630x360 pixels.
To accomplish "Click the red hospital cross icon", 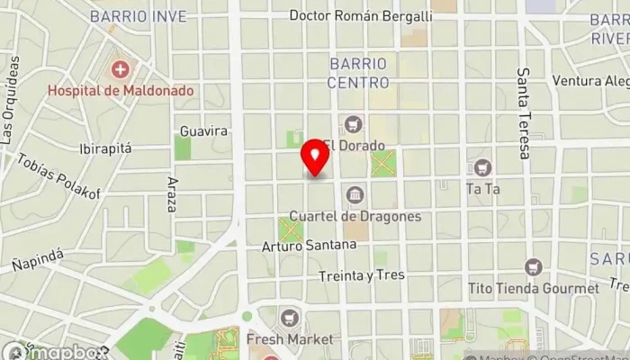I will click(120, 69).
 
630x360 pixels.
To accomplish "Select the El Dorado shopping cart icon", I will click(352, 123).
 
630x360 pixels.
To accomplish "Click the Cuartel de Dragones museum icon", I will click(355, 194).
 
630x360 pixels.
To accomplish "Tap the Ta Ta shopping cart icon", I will click(482, 167).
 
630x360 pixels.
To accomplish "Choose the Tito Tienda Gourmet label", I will click(534, 288).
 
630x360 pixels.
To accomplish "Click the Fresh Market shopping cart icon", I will click(289, 318).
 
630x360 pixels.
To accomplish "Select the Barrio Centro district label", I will click(359, 73).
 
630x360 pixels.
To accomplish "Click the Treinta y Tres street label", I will click(362, 275).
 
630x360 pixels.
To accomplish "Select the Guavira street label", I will click(203, 131).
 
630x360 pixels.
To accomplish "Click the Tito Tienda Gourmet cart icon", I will click(534, 267).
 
